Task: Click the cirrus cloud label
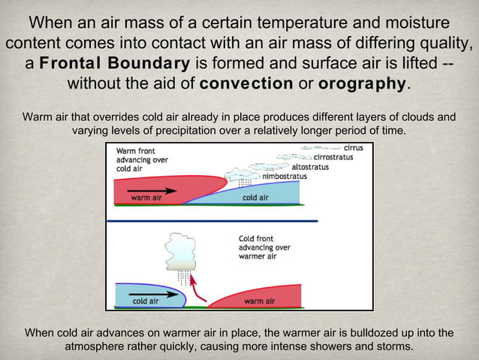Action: point(353,148)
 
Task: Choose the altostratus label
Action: point(309,167)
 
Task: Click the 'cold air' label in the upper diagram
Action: point(255,198)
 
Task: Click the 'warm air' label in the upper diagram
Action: point(146,198)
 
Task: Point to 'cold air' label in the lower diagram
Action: point(145,301)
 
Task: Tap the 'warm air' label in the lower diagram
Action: point(260,301)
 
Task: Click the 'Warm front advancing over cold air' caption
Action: point(142,160)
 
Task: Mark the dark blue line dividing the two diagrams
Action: point(212,221)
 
